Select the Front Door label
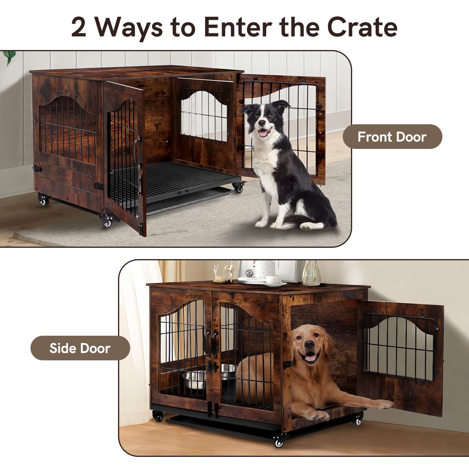tap(392, 137)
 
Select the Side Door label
tap(80, 348)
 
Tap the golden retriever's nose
tap(310, 345)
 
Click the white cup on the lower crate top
tap(274, 279)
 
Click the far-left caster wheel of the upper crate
tap(43, 200)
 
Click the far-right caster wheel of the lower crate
tap(357, 421)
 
